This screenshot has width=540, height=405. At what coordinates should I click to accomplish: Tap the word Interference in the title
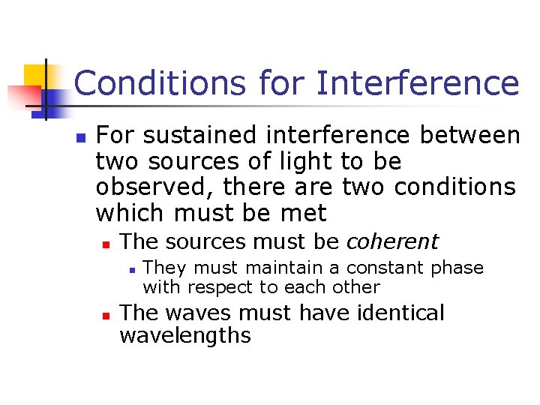(418, 83)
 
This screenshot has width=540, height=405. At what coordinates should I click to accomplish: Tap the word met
(304, 213)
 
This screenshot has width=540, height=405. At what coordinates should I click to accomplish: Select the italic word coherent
(392, 242)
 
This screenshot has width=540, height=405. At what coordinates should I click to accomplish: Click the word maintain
(281, 268)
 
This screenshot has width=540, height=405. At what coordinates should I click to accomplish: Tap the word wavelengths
(184, 335)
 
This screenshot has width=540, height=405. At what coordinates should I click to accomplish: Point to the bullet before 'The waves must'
(106, 314)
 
